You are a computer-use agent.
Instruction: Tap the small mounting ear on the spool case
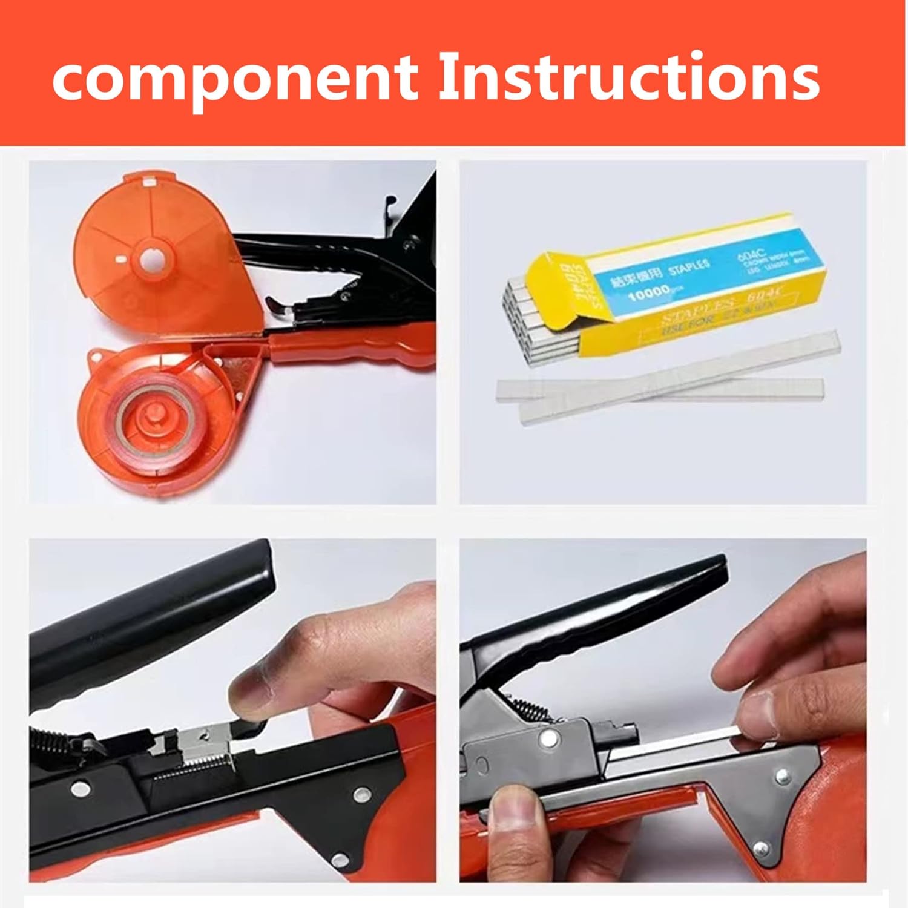point(96,358)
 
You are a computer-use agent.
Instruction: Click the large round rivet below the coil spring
point(549,738)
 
